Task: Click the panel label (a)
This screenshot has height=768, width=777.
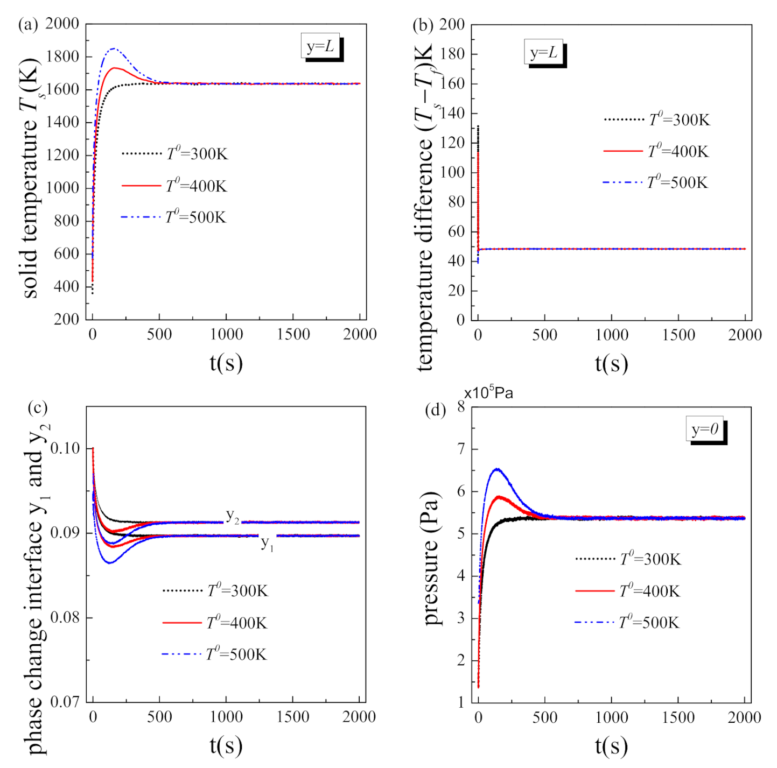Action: [x=28, y=25]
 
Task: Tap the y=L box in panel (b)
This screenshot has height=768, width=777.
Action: [x=544, y=52]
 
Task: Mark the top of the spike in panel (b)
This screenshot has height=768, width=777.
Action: [x=478, y=126]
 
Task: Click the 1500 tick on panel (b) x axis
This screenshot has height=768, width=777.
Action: [x=678, y=335]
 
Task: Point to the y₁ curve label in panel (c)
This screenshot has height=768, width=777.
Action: [x=267, y=544]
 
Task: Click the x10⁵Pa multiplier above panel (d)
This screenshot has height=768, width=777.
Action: [x=488, y=393]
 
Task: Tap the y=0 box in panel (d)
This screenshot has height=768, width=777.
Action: [x=705, y=429]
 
